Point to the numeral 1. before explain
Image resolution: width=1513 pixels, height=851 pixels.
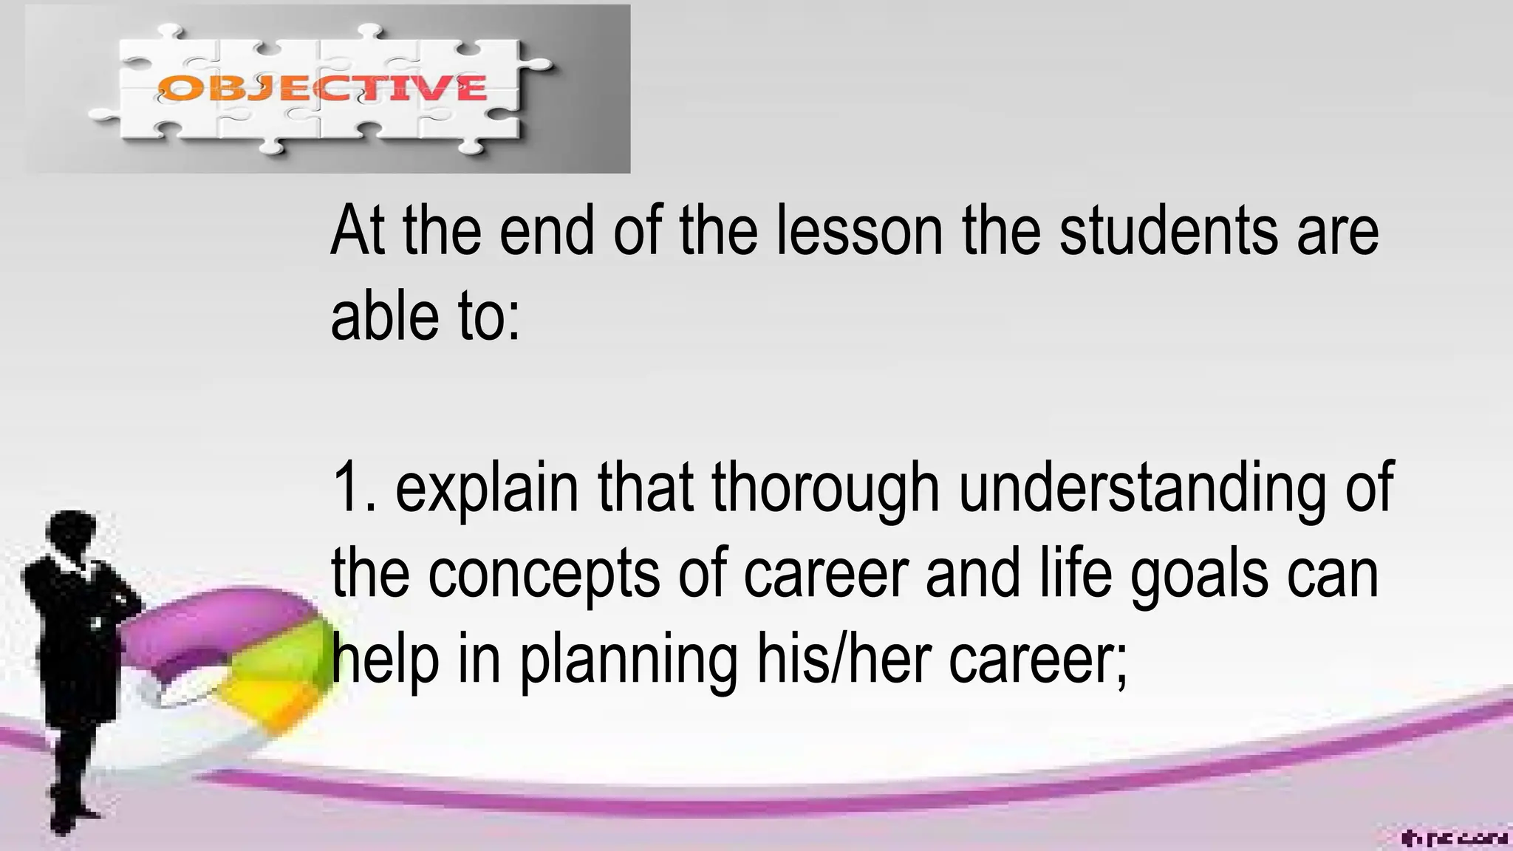(354, 488)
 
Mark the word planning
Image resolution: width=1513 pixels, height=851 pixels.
(629, 660)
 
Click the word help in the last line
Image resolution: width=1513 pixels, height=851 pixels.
(384, 660)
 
